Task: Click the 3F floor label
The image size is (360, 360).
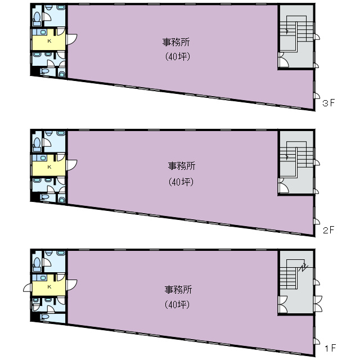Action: point(329,104)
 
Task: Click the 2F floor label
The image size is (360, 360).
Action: point(329,230)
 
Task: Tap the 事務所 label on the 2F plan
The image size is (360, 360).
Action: point(181,166)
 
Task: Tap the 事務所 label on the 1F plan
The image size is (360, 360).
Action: point(178,290)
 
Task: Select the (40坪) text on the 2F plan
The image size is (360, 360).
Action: point(181,182)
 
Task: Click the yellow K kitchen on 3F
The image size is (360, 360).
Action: point(48,41)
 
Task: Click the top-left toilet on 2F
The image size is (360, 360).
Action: point(37,142)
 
